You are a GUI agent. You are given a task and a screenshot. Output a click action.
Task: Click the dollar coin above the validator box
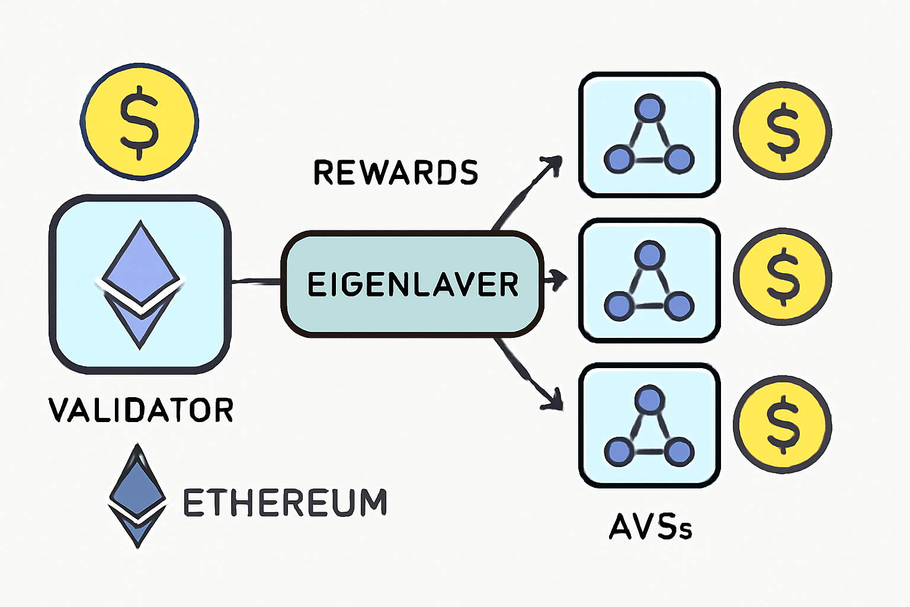click(x=140, y=122)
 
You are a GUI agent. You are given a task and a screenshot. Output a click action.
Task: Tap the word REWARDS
click(x=395, y=172)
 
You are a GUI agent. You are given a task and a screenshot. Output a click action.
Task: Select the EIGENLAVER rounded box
click(x=412, y=285)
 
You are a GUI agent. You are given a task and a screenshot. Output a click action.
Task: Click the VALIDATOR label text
click(x=141, y=410)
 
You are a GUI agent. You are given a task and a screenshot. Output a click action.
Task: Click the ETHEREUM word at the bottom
click(x=285, y=503)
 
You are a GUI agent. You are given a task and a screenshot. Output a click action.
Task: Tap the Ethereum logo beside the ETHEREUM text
click(x=137, y=496)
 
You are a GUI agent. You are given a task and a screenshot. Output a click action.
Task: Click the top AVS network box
click(x=649, y=135)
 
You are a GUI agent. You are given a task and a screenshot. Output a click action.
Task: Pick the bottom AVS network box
click(x=649, y=426)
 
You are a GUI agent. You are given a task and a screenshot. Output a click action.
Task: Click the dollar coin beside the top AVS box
click(x=783, y=131)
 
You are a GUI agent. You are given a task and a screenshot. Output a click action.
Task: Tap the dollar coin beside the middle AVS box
click(x=783, y=277)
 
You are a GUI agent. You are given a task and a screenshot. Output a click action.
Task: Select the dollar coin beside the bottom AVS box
click(x=783, y=424)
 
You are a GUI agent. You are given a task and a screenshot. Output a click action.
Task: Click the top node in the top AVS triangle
click(x=649, y=109)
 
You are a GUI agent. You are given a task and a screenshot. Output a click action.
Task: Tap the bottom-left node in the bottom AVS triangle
click(x=619, y=452)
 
